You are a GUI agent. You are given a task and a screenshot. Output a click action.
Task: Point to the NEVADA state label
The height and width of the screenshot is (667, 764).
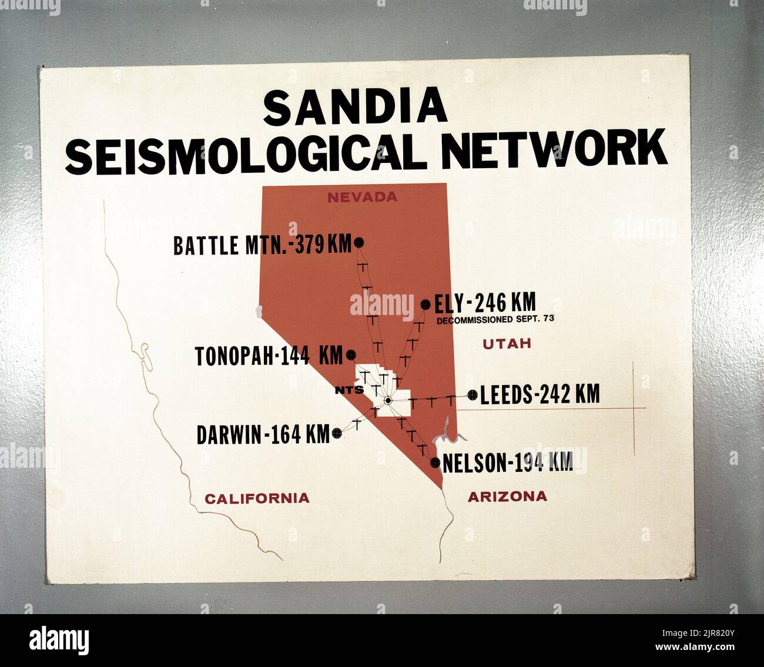pyautogui.click(x=362, y=197)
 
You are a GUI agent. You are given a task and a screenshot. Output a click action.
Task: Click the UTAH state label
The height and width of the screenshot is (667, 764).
pyautogui.click(x=507, y=344)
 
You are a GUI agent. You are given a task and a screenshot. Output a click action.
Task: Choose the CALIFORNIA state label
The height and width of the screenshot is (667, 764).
pyautogui.click(x=257, y=498)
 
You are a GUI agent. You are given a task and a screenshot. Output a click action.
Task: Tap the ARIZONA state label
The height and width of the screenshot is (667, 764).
pyautogui.click(x=507, y=497)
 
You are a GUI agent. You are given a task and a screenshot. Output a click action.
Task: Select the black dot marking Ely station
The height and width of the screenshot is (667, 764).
pyautogui.click(x=425, y=304)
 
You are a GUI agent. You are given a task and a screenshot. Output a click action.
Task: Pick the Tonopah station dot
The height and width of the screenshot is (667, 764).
pyautogui.click(x=351, y=355)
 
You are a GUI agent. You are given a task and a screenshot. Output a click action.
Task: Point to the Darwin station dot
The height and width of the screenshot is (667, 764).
pyautogui.click(x=337, y=433)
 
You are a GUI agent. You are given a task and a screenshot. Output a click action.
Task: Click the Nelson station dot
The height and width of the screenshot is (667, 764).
pyautogui.click(x=435, y=462)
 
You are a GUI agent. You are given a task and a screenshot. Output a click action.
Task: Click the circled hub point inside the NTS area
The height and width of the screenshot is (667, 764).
pyautogui.click(x=387, y=401)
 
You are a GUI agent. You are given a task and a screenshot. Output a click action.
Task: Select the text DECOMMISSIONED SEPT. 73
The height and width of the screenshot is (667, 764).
pyautogui.click(x=495, y=320)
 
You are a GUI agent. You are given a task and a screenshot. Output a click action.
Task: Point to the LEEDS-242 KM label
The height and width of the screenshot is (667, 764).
pyautogui.click(x=540, y=395)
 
